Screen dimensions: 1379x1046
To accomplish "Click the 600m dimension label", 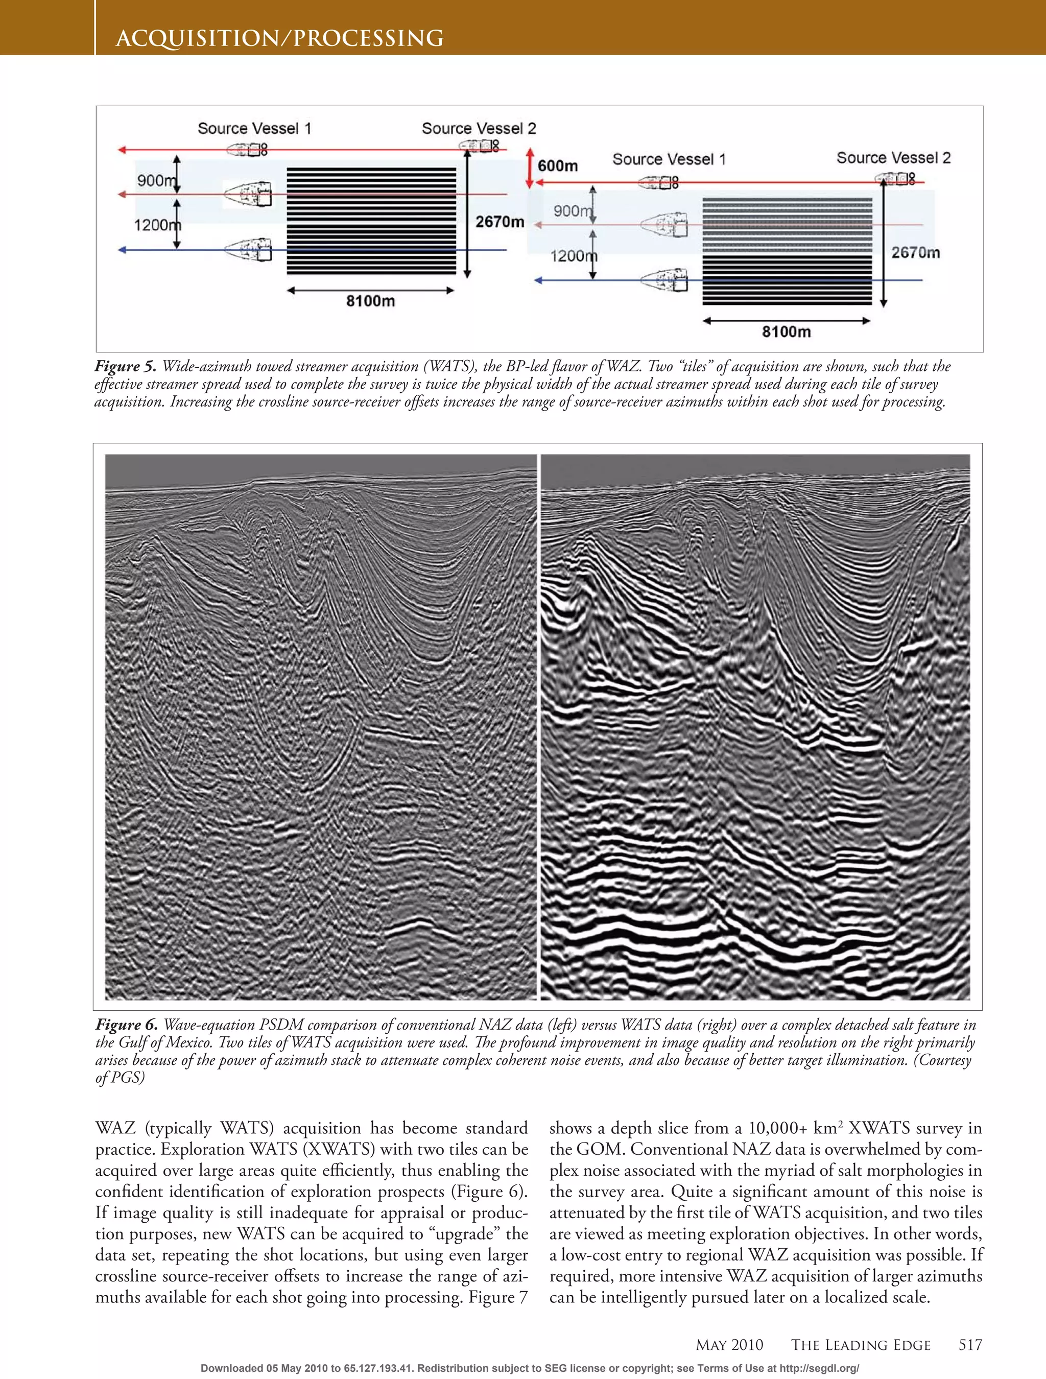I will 558,166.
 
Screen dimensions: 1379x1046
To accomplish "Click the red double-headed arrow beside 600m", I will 530,167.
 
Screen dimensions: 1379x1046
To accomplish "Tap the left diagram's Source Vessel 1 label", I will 254,128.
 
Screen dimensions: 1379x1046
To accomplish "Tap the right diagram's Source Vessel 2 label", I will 893,158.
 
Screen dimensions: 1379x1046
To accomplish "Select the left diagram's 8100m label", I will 370,301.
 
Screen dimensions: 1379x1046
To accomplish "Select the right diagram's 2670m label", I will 915,252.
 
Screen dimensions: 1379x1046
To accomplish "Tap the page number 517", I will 970,1345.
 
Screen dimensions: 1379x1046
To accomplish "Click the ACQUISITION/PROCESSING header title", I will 279,39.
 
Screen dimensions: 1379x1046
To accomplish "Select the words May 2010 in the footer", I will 729,1345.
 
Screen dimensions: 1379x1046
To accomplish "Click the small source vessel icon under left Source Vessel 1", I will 246,150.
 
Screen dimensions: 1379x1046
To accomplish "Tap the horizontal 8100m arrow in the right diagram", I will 786,321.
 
